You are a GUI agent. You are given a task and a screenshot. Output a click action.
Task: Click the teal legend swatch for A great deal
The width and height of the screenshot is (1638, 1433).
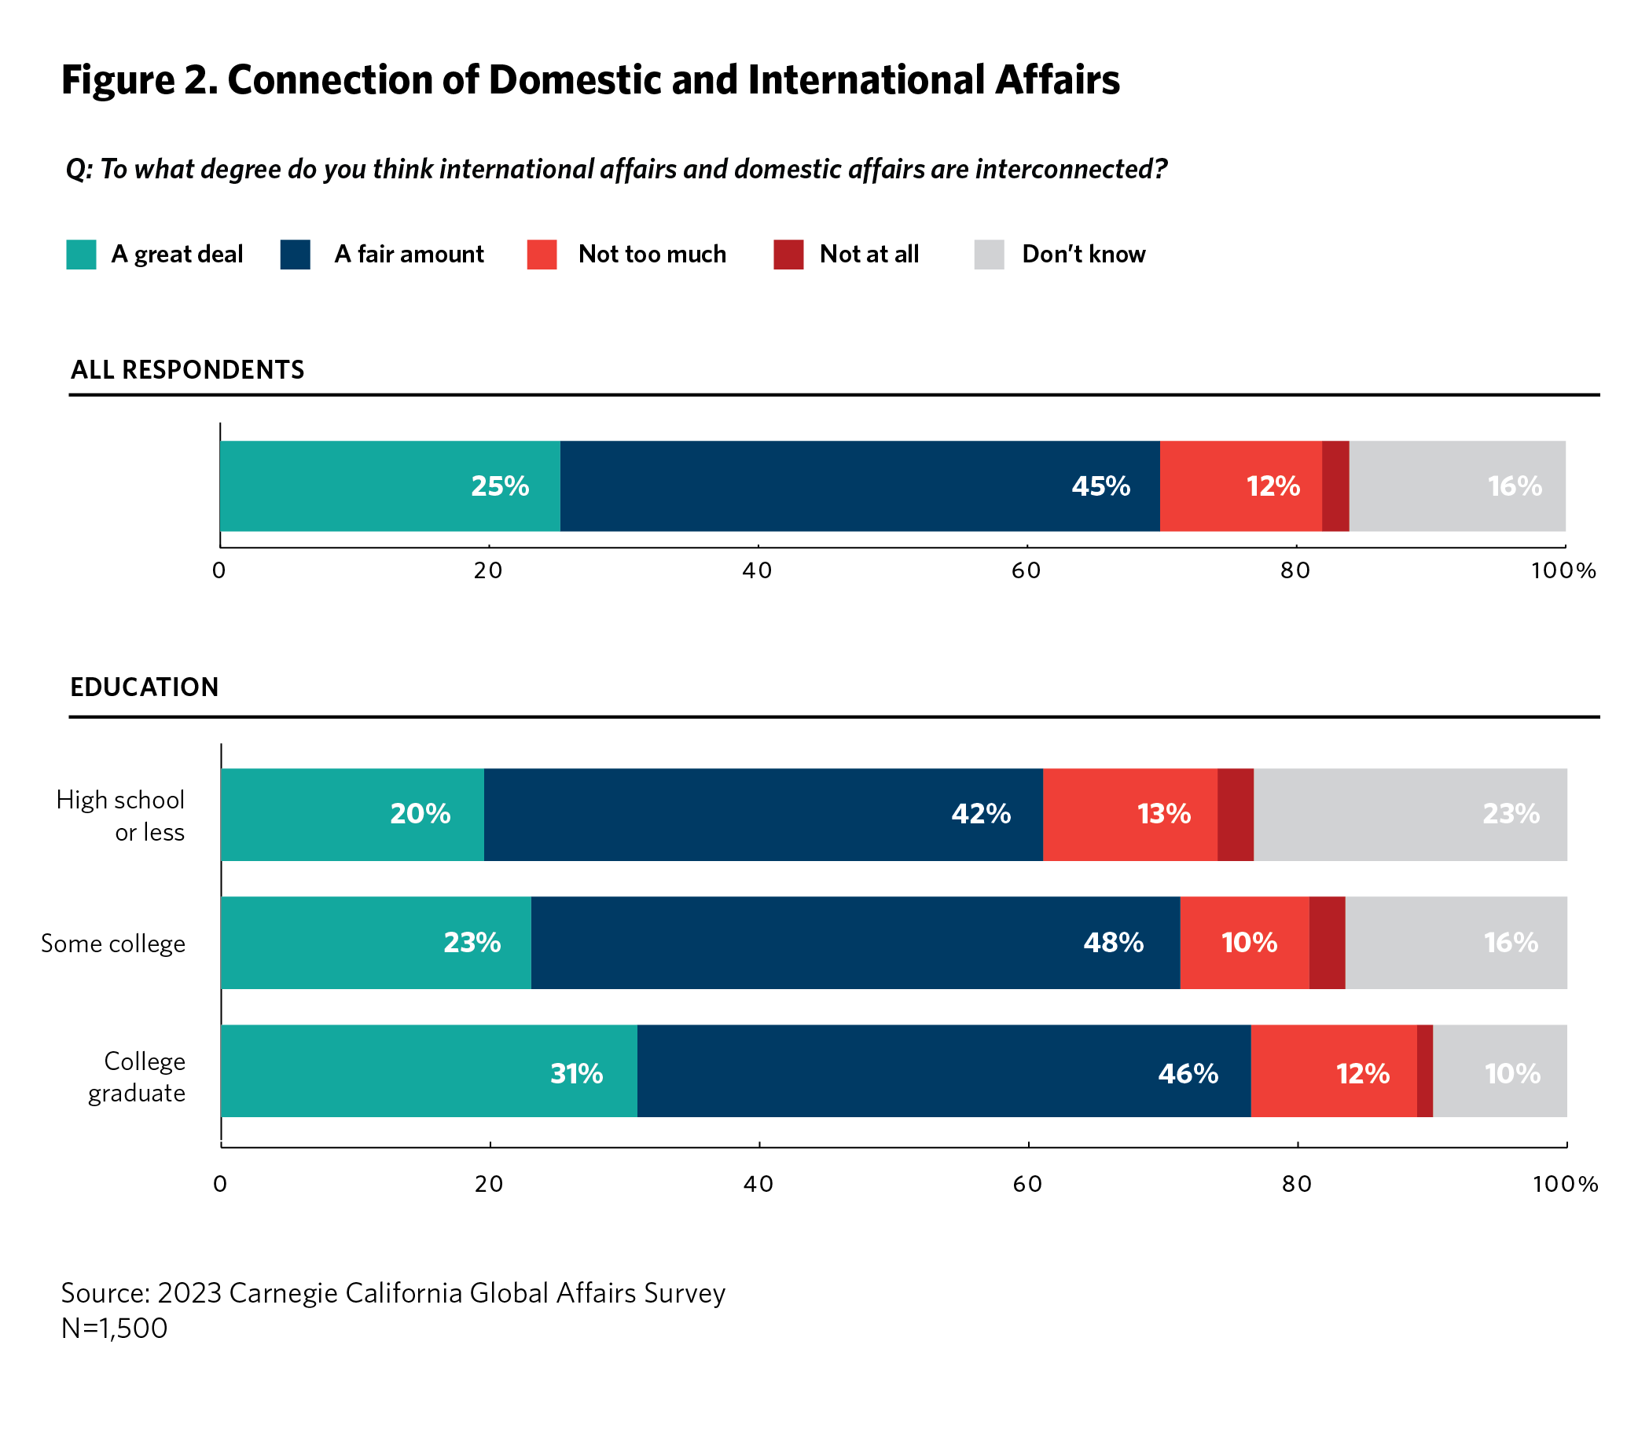point(81,255)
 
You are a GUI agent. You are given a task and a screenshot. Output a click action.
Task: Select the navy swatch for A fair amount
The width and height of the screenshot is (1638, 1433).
point(295,255)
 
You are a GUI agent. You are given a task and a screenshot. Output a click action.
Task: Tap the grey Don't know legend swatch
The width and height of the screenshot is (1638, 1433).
point(989,255)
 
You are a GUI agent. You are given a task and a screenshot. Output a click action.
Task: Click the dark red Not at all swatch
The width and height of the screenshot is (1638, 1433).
point(788,255)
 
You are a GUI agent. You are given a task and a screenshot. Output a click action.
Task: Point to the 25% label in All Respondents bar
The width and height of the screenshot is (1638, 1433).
point(500,486)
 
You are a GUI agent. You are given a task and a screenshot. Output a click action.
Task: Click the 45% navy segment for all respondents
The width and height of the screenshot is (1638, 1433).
point(860,486)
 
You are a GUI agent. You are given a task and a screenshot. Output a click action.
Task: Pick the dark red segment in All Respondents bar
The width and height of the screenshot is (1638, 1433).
point(1335,486)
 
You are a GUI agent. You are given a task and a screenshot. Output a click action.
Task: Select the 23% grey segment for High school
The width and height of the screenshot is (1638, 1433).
point(1409,814)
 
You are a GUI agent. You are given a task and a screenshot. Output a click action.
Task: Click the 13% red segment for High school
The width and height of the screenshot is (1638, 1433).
point(1129,814)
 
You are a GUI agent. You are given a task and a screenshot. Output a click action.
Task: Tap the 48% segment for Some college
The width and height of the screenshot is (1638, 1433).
point(854,942)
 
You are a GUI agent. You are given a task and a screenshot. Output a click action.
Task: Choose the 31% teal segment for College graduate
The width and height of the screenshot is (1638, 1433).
point(428,1071)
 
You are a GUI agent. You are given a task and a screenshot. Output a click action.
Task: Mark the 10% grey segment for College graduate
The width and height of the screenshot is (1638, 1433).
point(1499,1071)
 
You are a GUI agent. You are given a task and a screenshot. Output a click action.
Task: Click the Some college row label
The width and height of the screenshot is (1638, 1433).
point(112,944)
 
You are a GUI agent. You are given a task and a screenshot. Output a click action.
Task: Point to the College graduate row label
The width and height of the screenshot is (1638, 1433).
point(137,1076)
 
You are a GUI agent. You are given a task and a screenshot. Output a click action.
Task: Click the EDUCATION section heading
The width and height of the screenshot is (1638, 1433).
point(144,687)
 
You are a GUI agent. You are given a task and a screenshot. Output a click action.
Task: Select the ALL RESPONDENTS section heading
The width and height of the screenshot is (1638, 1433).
point(187,369)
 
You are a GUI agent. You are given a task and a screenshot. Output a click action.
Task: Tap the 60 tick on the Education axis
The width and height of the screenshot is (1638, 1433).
point(1027,1183)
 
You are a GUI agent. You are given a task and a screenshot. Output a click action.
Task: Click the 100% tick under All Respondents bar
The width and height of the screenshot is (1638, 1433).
point(1563,570)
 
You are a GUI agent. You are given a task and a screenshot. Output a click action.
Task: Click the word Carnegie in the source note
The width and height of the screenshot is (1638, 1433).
point(281,1293)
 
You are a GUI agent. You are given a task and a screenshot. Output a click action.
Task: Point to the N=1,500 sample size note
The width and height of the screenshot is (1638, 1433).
point(115,1329)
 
